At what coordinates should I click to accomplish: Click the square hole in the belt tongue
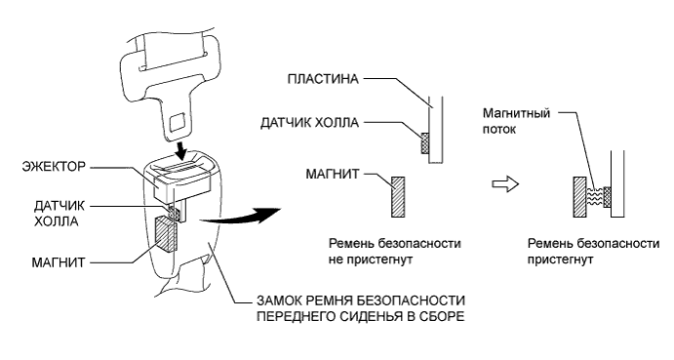click(x=179, y=122)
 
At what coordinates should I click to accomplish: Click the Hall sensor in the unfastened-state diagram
click(x=424, y=144)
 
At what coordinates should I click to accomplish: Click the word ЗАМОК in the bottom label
click(x=278, y=299)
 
